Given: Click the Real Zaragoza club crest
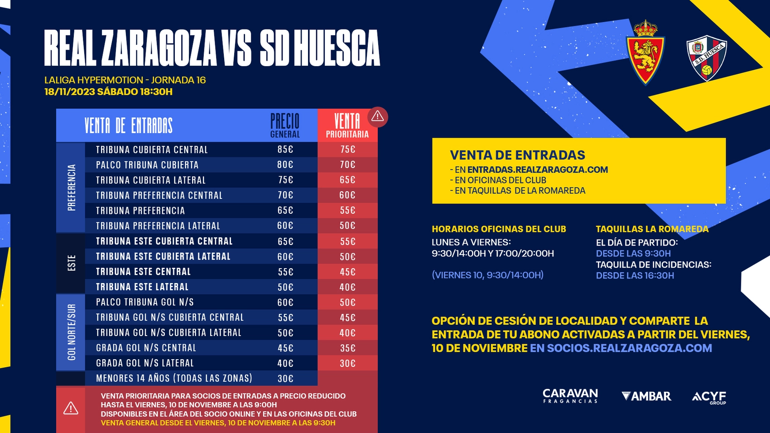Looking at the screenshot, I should (x=645, y=53).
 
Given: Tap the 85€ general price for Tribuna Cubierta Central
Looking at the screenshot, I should (x=285, y=149).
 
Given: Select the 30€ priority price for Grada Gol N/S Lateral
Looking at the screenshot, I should (x=347, y=363).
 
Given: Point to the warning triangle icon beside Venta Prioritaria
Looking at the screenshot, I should (x=377, y=117).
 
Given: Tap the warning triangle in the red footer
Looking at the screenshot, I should (x=71, y=409).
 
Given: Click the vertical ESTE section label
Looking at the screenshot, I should (x=71, y=263).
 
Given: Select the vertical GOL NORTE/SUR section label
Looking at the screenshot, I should (x=71, y=332).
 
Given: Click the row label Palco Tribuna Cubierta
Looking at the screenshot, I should (x=147, y=165).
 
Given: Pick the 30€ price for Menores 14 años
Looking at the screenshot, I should (x=285, y=379).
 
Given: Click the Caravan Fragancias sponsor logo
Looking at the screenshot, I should (x=570, y=396).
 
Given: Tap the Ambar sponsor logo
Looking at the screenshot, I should (x=646, y=396).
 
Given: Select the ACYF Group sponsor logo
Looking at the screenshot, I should (x=709, y=397).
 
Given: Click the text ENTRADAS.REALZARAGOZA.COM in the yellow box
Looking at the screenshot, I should (x=538, y=170).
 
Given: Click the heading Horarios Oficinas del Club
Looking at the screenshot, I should (x=499, y=229).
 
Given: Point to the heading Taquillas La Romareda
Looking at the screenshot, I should (x=652, y=229).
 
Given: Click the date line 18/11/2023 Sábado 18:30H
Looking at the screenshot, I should (x=108, y=92).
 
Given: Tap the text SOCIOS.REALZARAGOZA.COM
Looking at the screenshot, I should (x=630, y=348).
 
